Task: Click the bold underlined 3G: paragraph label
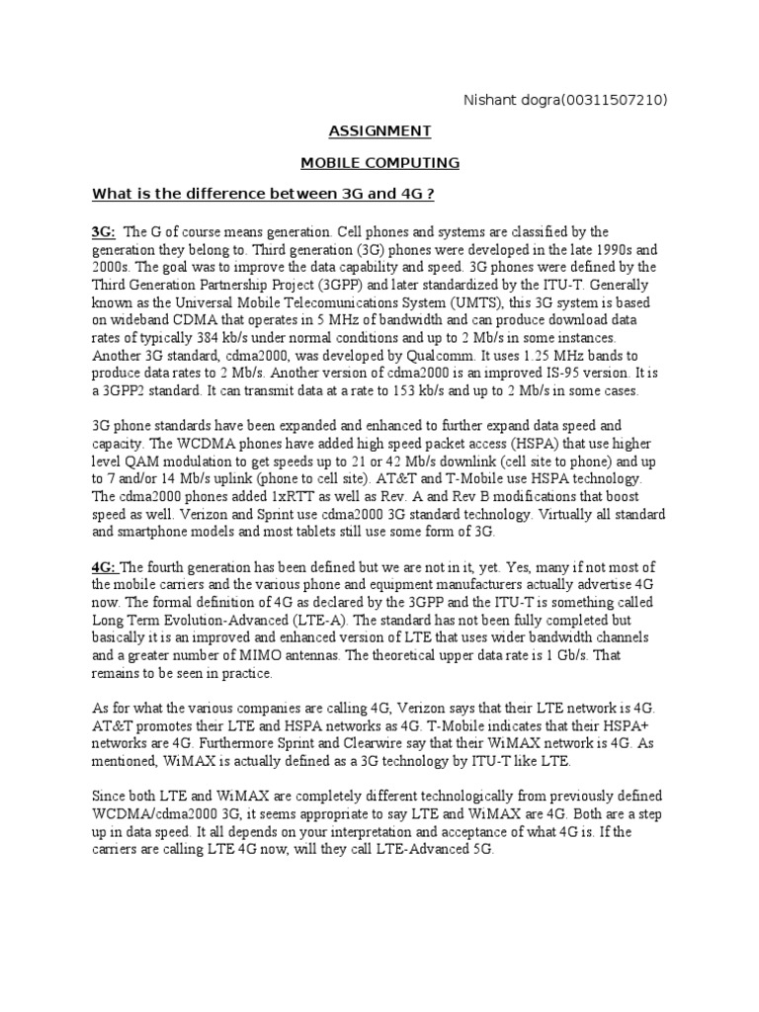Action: [x=104, y=231]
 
